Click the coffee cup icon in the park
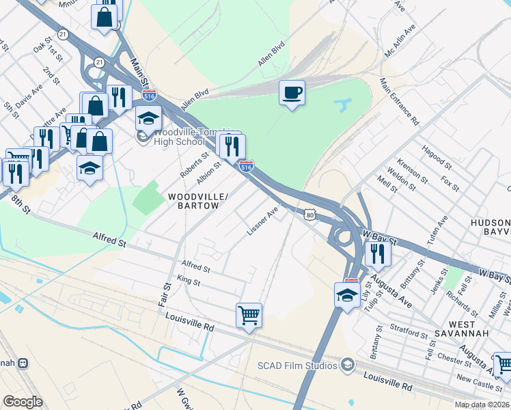click(292, 93)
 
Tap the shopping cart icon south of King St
click(249, 316)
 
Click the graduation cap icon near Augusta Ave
click(347, 295)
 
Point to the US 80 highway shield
click(310, 215)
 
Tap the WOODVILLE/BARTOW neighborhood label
click(194, 201)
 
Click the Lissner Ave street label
click(263, 223)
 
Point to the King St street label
click(188, 281)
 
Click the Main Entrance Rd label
click(399, 102)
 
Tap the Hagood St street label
click(437, 157)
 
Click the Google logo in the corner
click(23, 401)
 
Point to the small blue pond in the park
click(342, 105)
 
